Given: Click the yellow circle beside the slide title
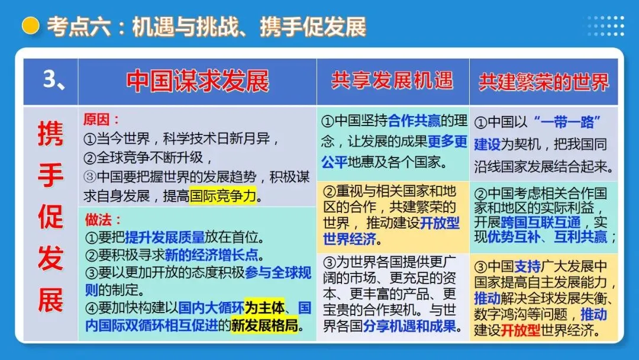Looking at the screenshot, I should tap(30, 26).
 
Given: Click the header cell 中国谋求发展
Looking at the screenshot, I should tap(198, 81).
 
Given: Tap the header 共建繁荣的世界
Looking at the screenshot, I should tap(543, 82).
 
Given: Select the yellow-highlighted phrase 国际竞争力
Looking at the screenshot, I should tap(222, 195).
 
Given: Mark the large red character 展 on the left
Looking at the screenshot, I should tap(50, 301).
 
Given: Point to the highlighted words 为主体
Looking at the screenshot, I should tap(264, 307).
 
